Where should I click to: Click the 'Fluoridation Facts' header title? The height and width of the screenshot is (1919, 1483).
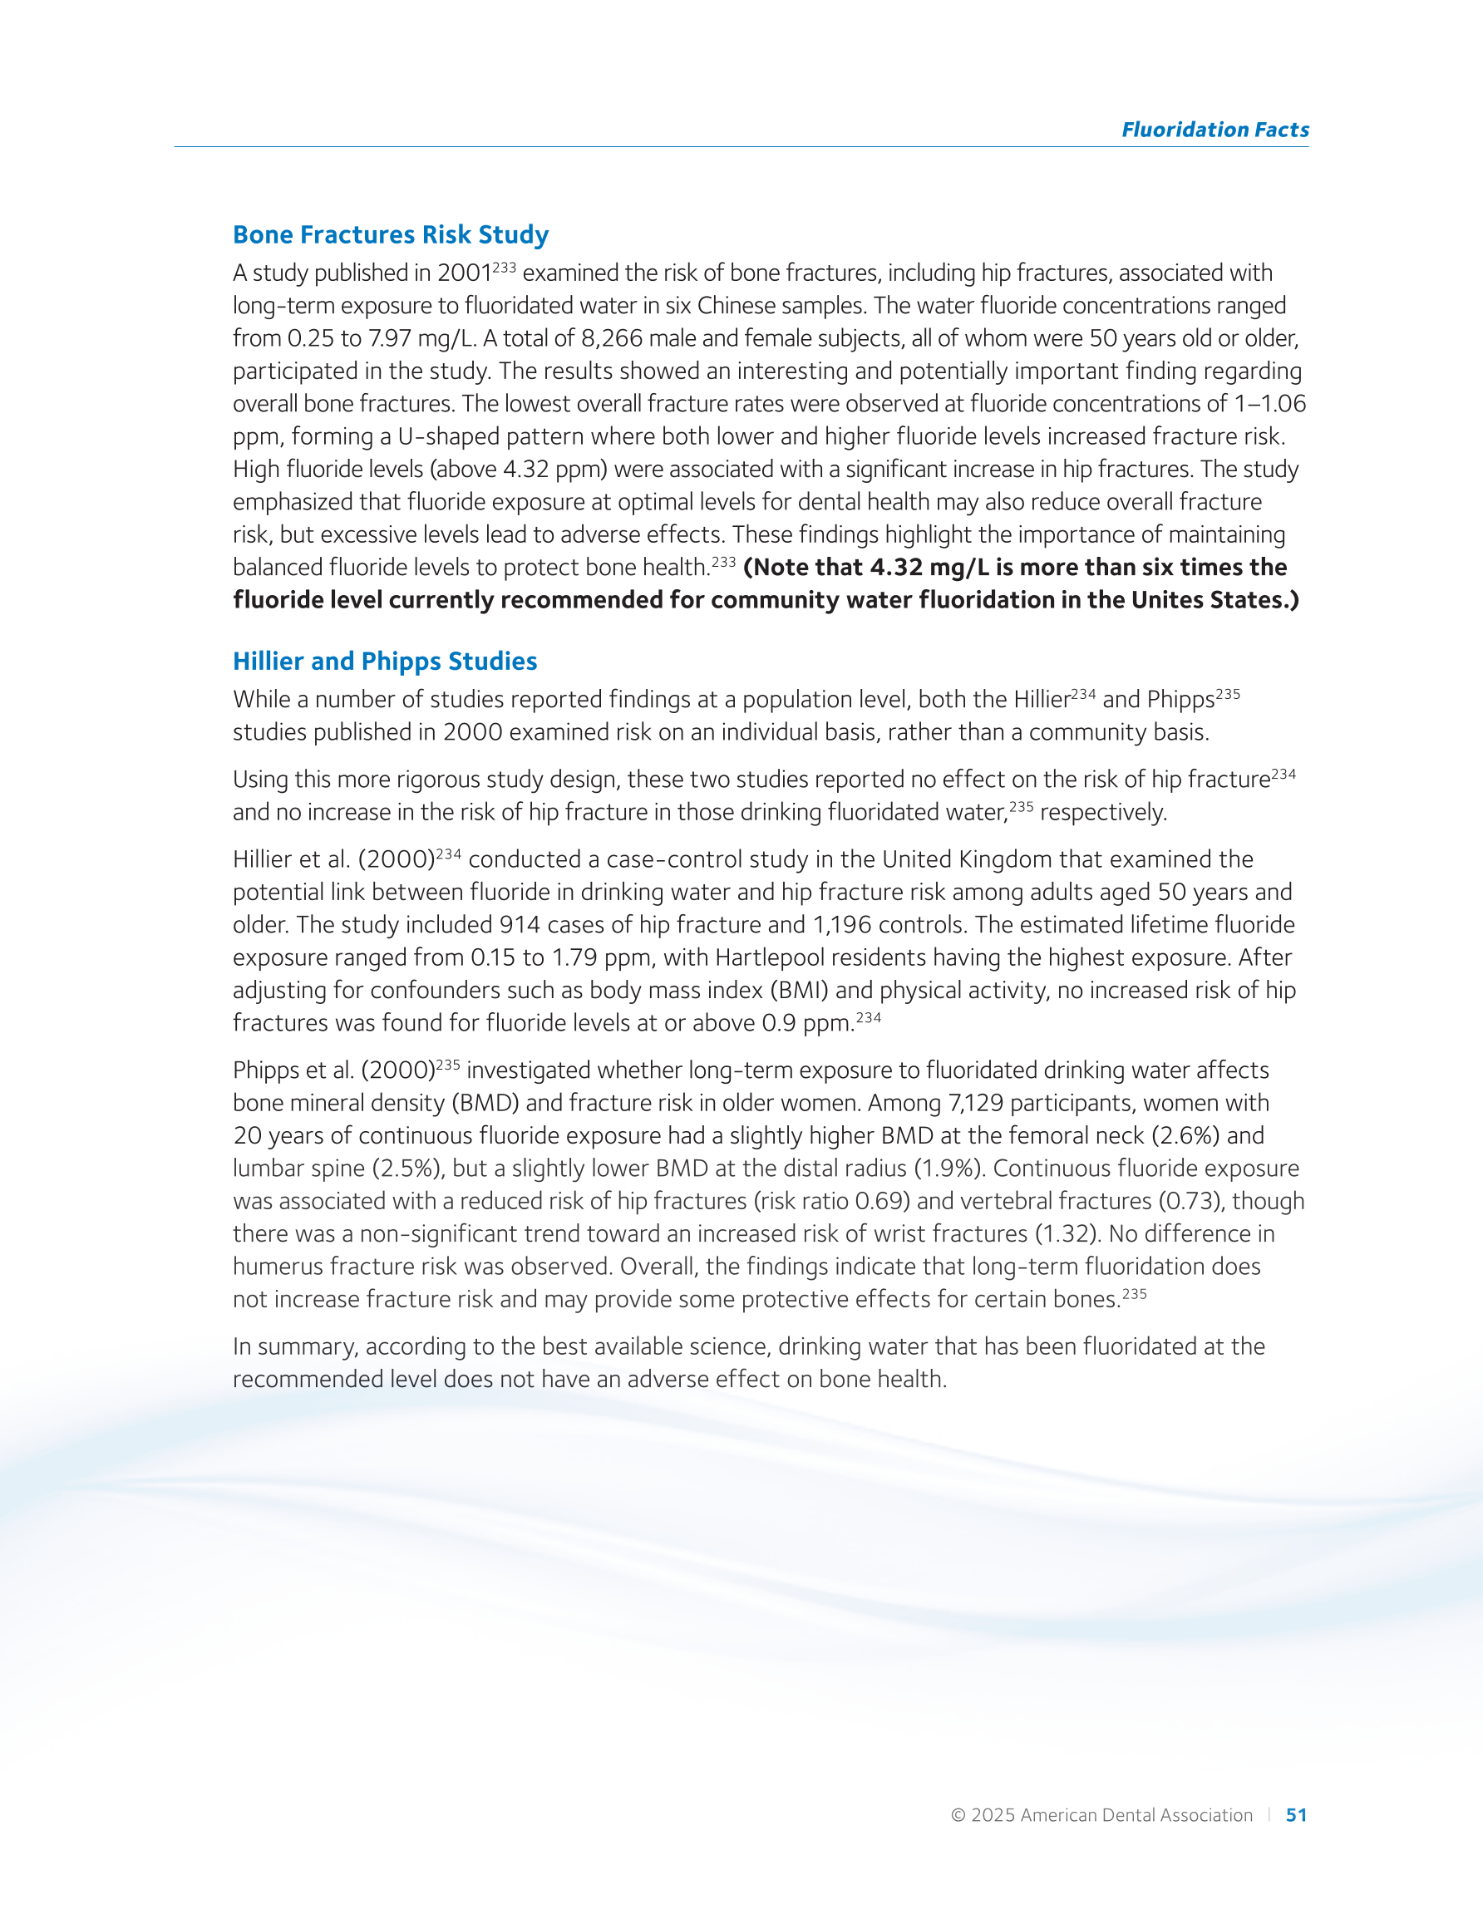click(x=1214, y=130)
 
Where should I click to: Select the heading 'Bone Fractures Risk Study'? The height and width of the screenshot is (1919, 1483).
click(x=391, y=234)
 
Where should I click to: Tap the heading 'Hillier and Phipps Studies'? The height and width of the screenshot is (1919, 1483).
click(x=384, y=661)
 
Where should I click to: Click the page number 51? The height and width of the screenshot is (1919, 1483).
click(x=1296, y=1815)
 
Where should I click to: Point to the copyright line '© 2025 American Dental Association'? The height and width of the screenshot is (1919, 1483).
click(x=1101, y=1815)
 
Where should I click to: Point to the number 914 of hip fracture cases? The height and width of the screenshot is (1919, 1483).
click(x=519, y=925)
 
